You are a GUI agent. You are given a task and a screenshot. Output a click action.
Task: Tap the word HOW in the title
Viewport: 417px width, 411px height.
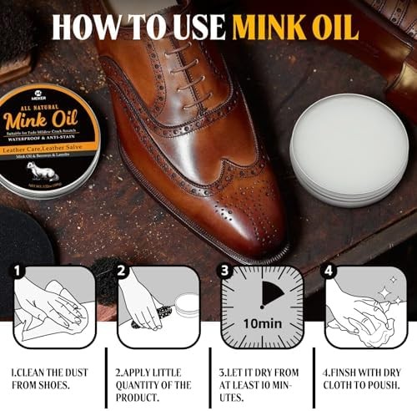[84, 26]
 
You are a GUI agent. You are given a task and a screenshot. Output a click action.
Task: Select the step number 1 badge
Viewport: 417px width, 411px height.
[18, 271]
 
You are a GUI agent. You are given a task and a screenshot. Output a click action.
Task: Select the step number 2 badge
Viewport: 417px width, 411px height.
[123, 271]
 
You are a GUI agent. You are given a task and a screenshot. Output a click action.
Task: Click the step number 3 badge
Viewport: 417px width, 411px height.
[224, 271]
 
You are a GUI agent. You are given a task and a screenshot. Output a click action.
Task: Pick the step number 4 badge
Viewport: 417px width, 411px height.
[327, 271]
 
